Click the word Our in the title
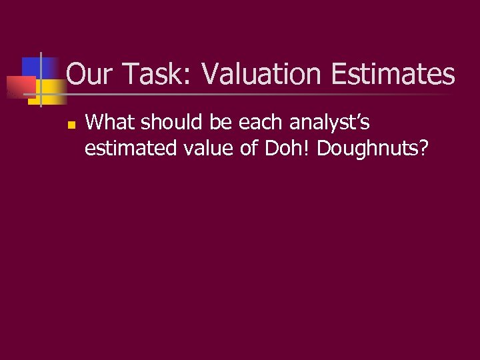[x=89, y=74]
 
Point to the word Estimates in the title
[x=393, y=74]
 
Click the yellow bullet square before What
[x=71, y=124]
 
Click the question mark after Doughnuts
[x=422, y=148]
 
